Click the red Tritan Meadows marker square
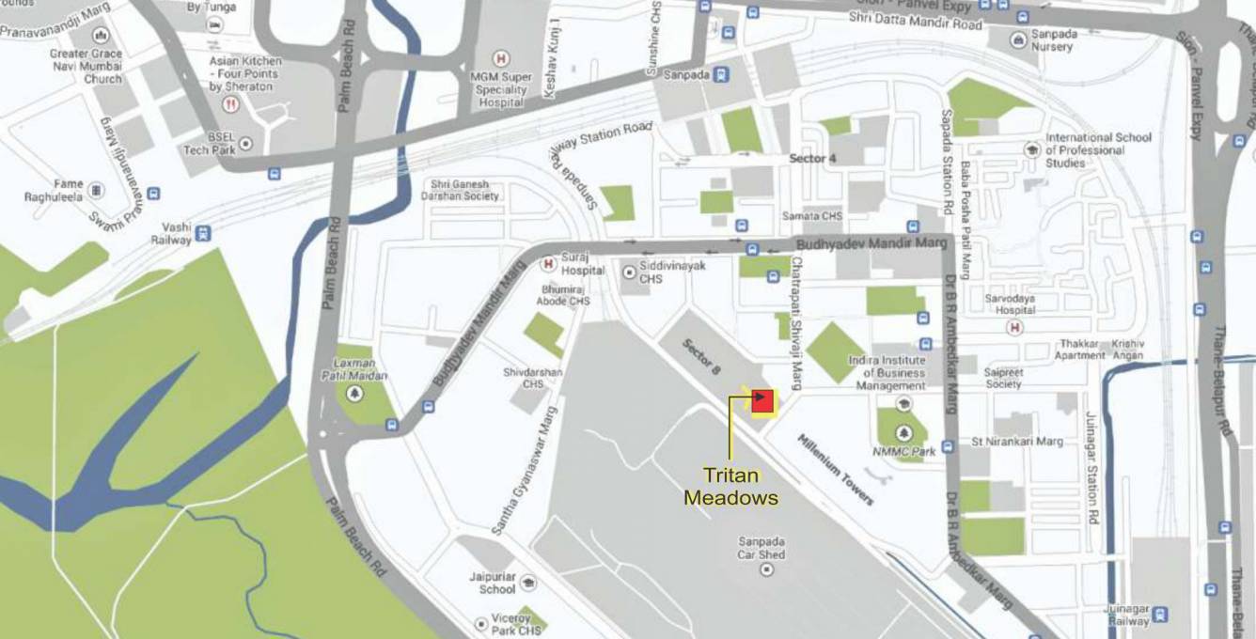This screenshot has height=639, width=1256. click(x=762, y=400)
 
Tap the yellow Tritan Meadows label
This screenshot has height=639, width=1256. click(x=730, y=486)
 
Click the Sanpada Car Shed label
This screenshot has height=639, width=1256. click(x=761, y=548)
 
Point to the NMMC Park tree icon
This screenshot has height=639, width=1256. click(x=903, y=433)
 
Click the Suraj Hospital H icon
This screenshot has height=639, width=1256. click(x=547, y=263)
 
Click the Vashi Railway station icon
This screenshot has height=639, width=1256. click(x=203, y=233)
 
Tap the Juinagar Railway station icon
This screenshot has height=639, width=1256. click(x=1161, y=615)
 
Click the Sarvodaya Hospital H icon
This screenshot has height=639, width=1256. click(x=1014, y=327)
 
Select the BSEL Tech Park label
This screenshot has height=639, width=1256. click(x=209, y=144)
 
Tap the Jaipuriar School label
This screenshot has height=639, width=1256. click(x=497, y=583)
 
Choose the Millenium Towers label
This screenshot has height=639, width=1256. click(x=835, y=470)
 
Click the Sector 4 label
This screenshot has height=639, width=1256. click(x=813, y=158)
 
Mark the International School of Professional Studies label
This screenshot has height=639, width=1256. click(x=1098, y=150)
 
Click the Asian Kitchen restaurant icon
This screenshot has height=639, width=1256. click(x=229, y=105)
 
